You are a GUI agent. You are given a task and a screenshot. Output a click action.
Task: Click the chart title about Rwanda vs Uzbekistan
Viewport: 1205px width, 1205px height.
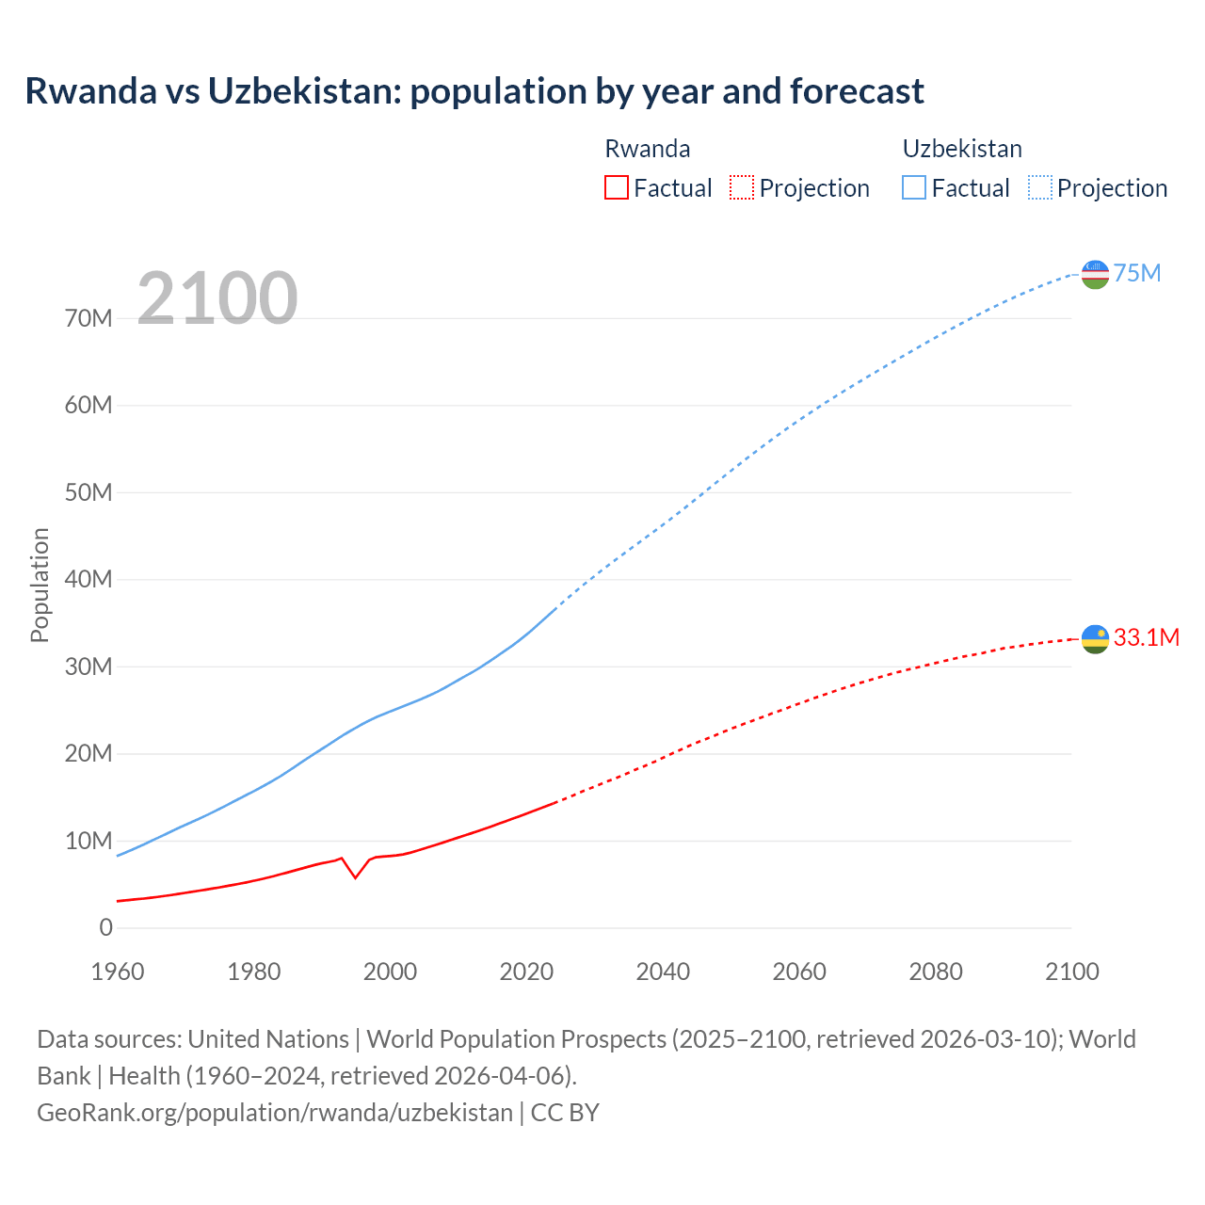[474, 91]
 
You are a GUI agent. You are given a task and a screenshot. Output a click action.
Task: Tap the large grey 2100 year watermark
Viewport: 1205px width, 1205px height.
[217, 298]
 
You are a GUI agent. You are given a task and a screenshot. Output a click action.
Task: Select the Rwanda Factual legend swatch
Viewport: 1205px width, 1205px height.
[616, 187]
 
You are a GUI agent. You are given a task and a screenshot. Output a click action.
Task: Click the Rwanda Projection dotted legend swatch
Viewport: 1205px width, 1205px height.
[742, 187]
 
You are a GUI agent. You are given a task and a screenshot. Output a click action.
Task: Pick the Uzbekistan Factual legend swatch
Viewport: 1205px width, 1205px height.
[914, 187]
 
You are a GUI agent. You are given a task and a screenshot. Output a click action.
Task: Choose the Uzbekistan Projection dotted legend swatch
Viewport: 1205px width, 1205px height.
[1040, 187]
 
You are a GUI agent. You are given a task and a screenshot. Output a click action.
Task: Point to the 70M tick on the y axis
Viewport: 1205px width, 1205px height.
[88, 318]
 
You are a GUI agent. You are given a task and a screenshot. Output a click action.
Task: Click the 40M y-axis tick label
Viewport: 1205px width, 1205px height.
[88, 579]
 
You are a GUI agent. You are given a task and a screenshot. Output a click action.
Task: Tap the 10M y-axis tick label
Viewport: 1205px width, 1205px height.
[88, 841]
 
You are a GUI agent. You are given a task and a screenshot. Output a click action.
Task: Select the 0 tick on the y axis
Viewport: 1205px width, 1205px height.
[105, 927]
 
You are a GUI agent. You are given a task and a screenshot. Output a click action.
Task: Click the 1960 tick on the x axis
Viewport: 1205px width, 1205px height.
[118, 972]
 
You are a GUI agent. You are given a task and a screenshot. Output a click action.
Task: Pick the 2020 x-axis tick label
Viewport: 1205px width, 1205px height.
[526, 972]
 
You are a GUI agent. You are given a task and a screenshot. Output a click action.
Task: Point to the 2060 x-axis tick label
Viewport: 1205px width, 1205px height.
[799, 972]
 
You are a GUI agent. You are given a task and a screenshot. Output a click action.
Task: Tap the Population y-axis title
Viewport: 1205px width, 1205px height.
[40, 585]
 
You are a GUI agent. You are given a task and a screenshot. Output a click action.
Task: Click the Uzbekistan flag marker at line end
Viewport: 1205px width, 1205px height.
[1095, 274]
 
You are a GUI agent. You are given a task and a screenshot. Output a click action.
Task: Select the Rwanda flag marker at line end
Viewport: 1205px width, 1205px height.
[1095, 639]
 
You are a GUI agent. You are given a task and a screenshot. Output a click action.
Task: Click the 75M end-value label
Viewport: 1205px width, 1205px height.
[1137, 273]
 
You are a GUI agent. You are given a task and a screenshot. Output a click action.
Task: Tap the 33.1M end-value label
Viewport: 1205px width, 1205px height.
[1147, 637]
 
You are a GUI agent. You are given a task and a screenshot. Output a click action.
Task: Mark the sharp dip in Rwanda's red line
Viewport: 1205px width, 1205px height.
[355, 877]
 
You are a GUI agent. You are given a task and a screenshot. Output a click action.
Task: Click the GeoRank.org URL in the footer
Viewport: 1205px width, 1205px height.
[275, 1112]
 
